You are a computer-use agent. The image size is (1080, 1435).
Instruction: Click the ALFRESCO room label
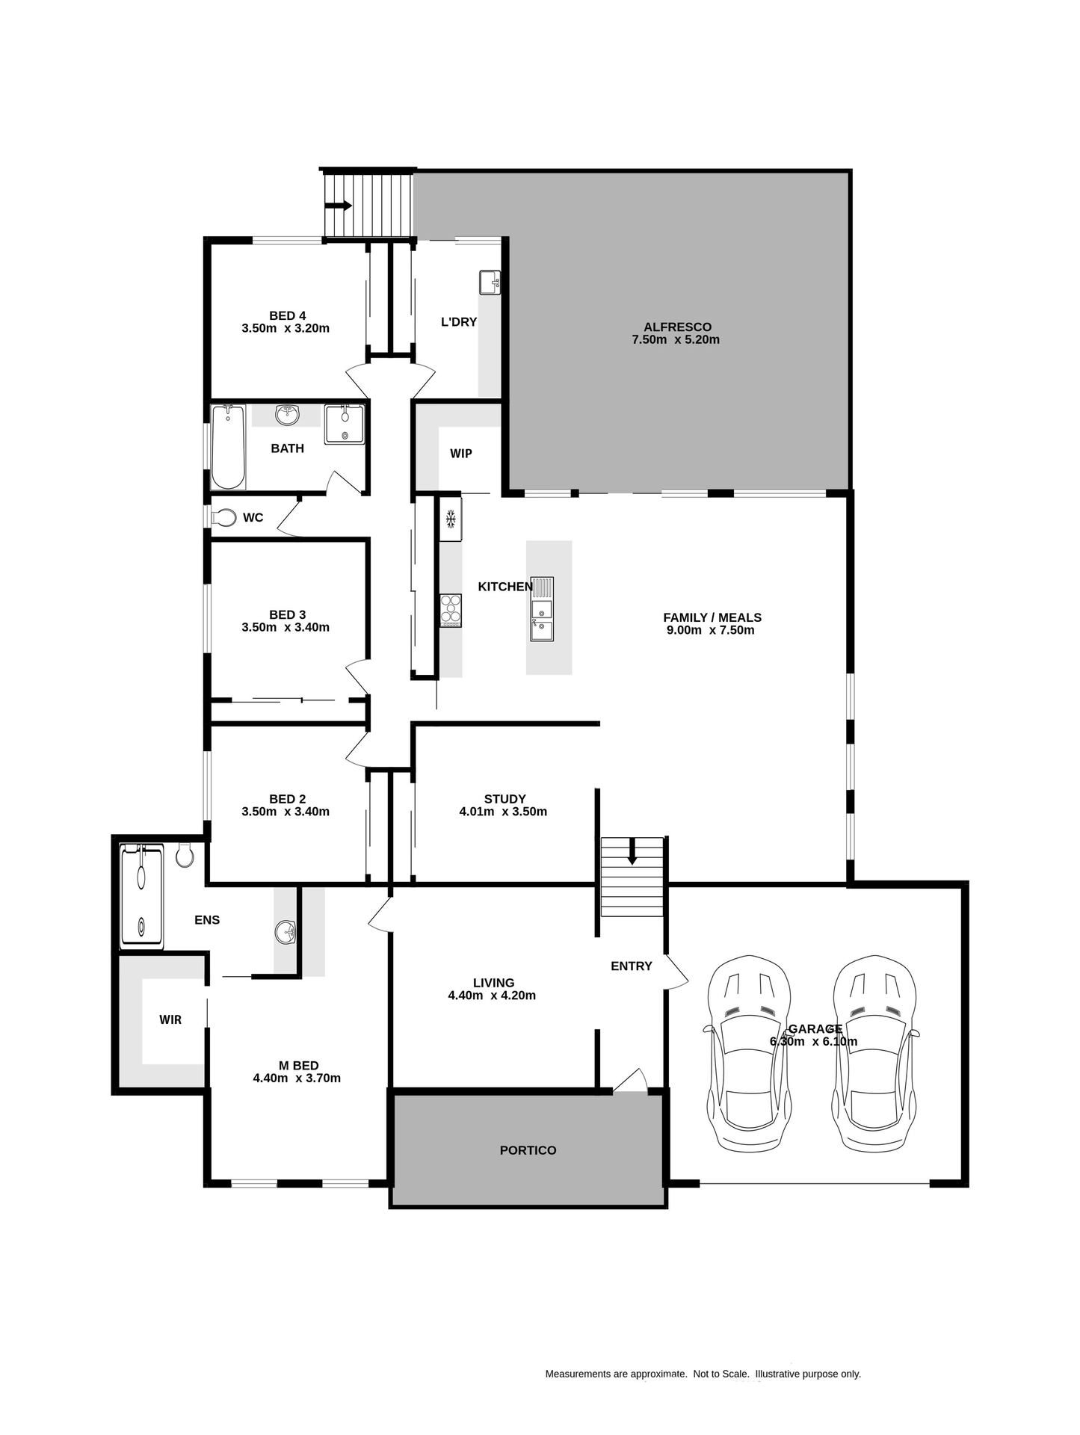point(677,327)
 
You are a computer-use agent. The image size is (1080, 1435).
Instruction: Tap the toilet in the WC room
point(224,517)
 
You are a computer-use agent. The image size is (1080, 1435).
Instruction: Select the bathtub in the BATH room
point(228,447)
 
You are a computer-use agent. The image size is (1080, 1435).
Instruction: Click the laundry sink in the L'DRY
point(490,283)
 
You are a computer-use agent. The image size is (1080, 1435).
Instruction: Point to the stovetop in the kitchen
point(451,610)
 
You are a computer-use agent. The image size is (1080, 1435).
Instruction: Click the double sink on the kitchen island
point(542,609)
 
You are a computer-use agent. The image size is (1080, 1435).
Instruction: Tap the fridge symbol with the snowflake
point(451,519)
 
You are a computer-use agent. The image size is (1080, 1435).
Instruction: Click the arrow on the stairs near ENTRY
point(632,852)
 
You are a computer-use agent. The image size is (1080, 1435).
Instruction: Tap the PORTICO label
point(528,1150)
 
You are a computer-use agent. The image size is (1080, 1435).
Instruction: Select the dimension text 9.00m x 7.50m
point(710,630)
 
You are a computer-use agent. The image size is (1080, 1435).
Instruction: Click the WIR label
point(170,1019)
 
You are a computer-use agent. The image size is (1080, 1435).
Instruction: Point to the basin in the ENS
point(286,932)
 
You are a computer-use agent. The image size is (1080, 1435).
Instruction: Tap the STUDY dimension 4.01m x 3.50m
point(503,812)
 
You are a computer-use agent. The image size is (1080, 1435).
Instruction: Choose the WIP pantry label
point(461,454)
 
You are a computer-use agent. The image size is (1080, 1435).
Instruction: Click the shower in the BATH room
point(345,425)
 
